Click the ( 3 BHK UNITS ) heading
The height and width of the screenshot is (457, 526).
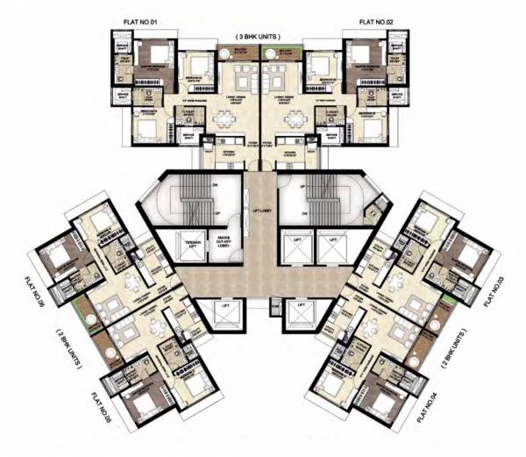(262, 35)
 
